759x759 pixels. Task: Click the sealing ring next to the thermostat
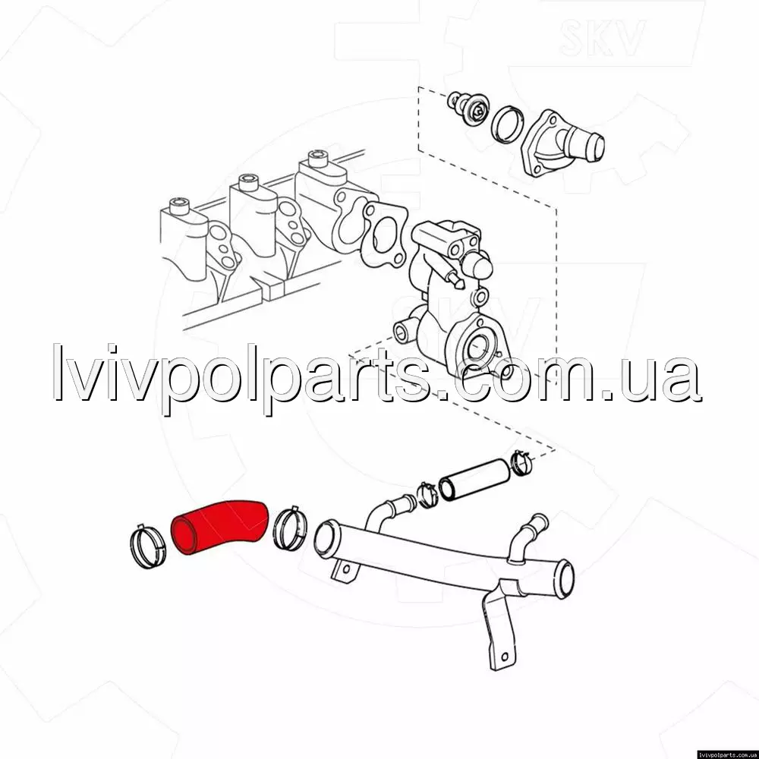point(508,124)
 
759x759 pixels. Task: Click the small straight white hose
point(474,480)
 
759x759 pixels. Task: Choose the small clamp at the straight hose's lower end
point(427,495)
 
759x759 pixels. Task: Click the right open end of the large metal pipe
point(565,578)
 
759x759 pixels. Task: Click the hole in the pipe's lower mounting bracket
point(505,657)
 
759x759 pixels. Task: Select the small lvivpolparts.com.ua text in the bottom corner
point(727,754)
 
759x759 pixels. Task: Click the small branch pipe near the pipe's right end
point(529,537)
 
